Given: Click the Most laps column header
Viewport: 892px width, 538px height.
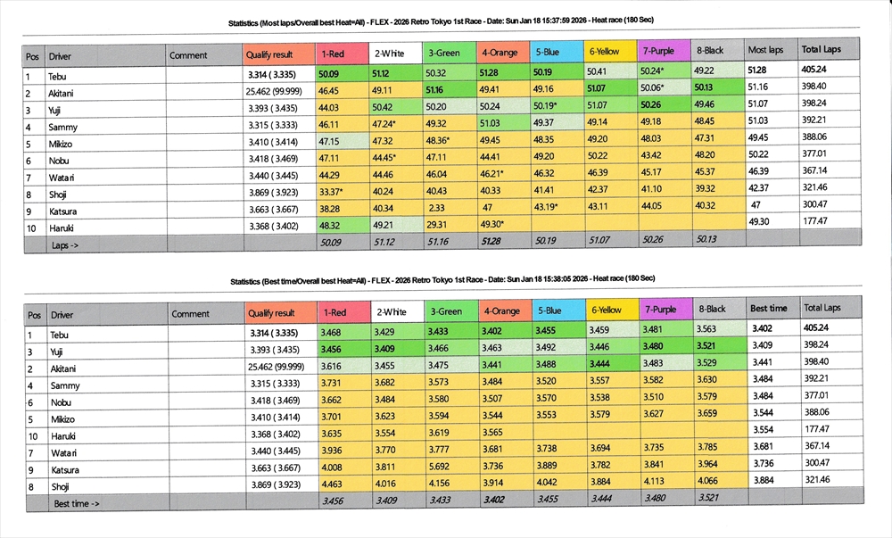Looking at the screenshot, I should click(765, 51).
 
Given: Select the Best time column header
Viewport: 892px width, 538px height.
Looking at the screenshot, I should click(768, 309).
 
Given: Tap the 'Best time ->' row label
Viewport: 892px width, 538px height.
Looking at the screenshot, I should click(77, 503).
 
